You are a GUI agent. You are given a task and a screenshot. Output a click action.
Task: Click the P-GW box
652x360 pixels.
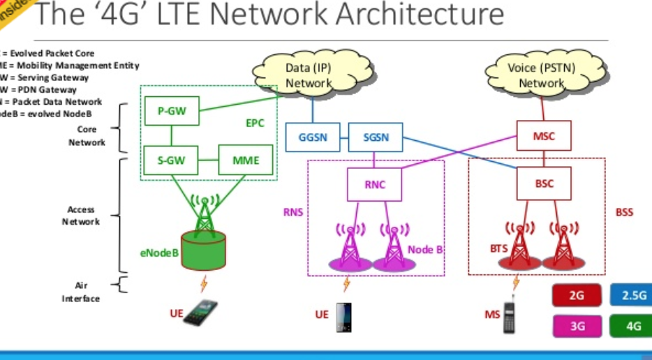pyautogui.click(x=171, y=110)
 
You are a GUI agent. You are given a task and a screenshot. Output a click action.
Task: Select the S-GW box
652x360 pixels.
pyautogui.click(x=171, y=160)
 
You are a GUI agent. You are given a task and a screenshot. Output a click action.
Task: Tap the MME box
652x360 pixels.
pyautogui.click(x=246, y=160)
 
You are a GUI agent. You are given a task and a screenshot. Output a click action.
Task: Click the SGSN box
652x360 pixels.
pyautogui.click(x=376, y=138)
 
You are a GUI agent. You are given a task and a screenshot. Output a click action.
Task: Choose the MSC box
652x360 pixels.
pyautogui.click(x=544, y=136)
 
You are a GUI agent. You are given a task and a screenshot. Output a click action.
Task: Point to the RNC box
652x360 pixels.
pyautogui.click(x=375, y=185)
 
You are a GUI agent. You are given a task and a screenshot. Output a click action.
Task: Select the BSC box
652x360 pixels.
pyautogui.click(x=544, y=185)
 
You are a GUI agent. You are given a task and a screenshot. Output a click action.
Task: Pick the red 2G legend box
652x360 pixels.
pyautogui.click(x=577, y=296)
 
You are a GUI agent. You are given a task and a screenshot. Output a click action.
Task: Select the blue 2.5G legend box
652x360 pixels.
pyautogui.click(x=631, y=296)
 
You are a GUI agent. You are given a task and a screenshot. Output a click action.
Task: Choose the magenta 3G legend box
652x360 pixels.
pyautogui.click(x=577, y=326)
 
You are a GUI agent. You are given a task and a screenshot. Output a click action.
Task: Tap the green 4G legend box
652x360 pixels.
pyautogui.click(x=631, y=326)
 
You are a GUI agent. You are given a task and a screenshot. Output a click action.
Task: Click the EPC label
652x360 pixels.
pyautogui.click(x=255, y=123)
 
